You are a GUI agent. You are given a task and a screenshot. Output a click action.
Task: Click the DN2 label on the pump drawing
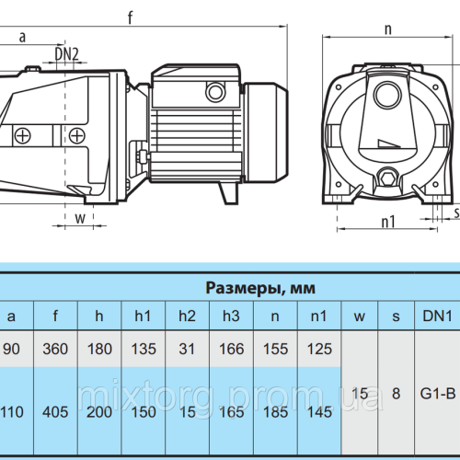click(67, 54)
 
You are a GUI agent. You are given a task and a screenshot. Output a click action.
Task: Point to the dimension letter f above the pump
click(131, 17)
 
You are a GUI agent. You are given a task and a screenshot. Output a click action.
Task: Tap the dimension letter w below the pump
click(80, 218)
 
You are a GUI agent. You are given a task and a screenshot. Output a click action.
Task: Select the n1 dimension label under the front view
click(388, 222)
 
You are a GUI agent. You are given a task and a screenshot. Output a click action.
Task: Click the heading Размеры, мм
click(260, 288)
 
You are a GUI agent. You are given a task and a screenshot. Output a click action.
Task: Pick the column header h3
click(231, 316)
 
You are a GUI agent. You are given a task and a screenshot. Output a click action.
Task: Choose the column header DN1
click(437, 316)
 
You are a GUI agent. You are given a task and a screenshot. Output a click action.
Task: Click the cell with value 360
click(55, 349)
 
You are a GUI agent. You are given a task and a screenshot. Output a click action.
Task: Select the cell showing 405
click(55, 412)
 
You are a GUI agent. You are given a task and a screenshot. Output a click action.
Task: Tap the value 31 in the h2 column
click(187, 349)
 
